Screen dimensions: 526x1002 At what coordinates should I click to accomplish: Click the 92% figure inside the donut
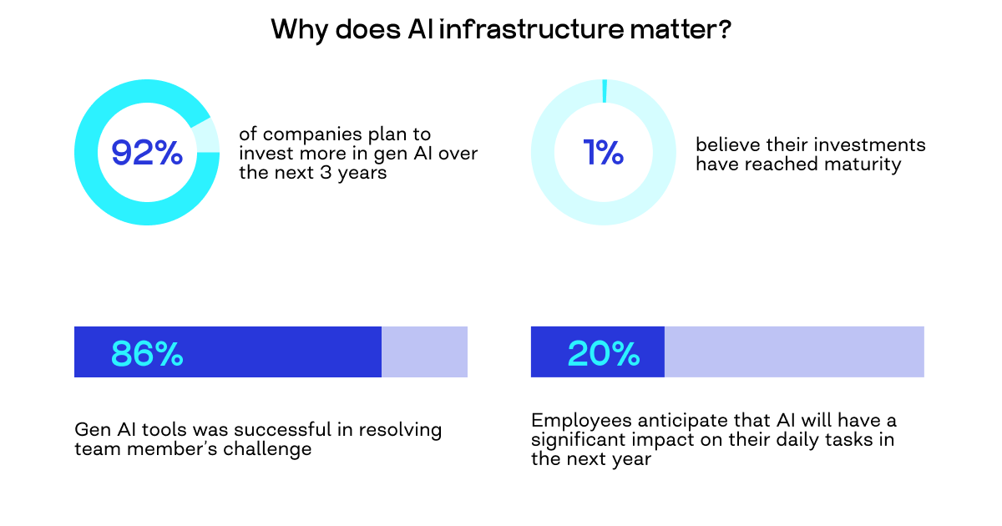point(147,153)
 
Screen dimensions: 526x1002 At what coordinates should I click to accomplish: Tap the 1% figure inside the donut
point(604,153)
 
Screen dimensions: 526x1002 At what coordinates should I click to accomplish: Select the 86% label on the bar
point(147,354)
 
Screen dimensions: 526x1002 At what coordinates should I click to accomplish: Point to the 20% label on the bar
point(604,354)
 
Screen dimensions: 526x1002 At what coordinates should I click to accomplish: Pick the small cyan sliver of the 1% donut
point(605,91)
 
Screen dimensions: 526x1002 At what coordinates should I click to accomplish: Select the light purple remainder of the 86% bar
point(424,352)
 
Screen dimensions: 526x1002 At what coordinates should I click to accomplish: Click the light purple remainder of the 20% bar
point(793,352)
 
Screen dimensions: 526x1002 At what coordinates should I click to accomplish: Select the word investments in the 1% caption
point(877,145)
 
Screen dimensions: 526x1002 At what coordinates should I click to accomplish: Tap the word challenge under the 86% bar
point(271,449)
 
